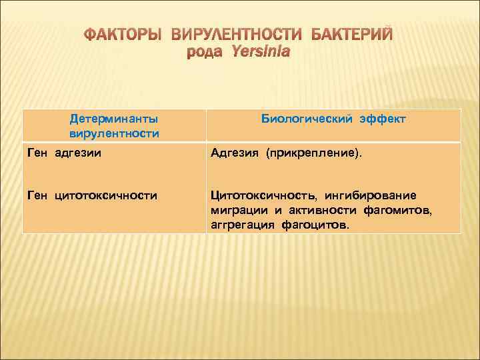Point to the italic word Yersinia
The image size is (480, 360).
[x=261, y=52]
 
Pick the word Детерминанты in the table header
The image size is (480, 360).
[x=114, y=119]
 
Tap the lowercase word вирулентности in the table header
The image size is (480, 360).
[x=114, y=133]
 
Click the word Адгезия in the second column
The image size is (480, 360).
[x=235, y=154]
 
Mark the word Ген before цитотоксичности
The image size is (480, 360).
[x=38, y=195]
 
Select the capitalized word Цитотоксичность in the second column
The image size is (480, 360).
[x=264, y=195]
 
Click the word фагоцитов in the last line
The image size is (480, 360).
[x=315, y=225]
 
